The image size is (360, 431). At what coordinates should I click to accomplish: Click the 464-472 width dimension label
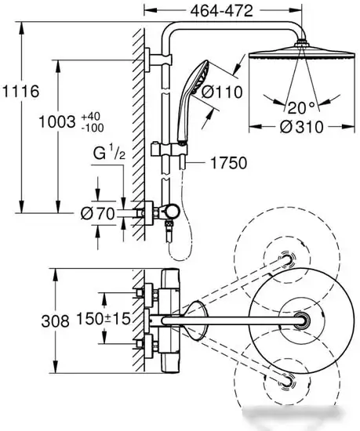[x=221, y=11]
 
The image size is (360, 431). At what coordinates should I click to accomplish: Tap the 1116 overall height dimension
[x=20, y=91]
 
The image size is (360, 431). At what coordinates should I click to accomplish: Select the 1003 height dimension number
[x=57, y=121]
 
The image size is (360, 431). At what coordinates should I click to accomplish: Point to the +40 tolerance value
[x=91, y=116]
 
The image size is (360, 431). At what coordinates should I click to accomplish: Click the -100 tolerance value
[x=93, y=128]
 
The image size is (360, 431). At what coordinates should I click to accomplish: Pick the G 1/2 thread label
[x=109, y=153]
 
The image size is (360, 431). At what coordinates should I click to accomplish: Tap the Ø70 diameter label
[x=97, y=213]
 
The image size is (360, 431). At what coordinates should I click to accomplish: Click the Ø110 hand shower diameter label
[x=222, y=92]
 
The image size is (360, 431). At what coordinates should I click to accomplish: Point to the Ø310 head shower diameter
[x=301, y=127]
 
